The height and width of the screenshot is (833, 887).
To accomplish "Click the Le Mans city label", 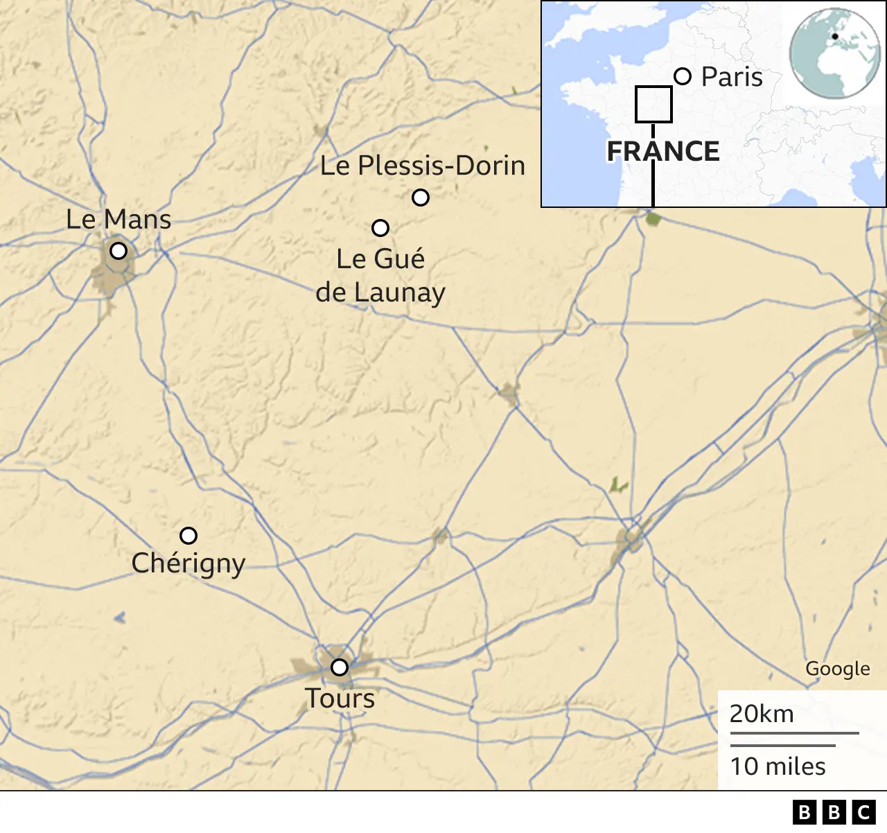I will point(118,220).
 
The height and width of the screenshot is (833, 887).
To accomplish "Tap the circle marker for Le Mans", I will point(118,250).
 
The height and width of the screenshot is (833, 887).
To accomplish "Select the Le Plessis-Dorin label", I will point(423,166).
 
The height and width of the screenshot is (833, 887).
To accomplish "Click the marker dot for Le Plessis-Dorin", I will point(421,198).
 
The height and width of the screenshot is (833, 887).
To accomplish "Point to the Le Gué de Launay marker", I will point(380,227).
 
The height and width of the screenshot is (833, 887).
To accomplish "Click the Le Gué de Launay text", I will point(380,276).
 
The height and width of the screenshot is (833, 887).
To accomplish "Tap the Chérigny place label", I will point(188,563).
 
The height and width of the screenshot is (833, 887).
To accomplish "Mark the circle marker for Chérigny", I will point(188,536).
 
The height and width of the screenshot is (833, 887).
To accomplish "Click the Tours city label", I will point(340,699).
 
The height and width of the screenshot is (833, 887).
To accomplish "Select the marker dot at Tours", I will point(339,667).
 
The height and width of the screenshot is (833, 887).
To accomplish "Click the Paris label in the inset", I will point(732,77).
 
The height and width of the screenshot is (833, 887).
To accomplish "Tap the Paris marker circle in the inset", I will point(683,76).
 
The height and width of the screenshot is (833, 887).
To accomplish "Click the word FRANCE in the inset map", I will point(663,151).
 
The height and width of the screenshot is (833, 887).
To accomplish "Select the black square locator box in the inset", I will point(653,105).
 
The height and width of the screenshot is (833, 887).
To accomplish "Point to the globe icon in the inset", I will point(835,53).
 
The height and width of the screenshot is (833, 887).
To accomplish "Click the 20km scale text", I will point(762,714).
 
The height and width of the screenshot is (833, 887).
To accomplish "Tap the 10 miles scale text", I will point(778,766).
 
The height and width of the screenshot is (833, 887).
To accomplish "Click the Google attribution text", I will point(837,669).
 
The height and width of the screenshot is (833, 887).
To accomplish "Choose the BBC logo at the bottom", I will point(834,812).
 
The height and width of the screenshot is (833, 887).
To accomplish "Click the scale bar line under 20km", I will point(794,733).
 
